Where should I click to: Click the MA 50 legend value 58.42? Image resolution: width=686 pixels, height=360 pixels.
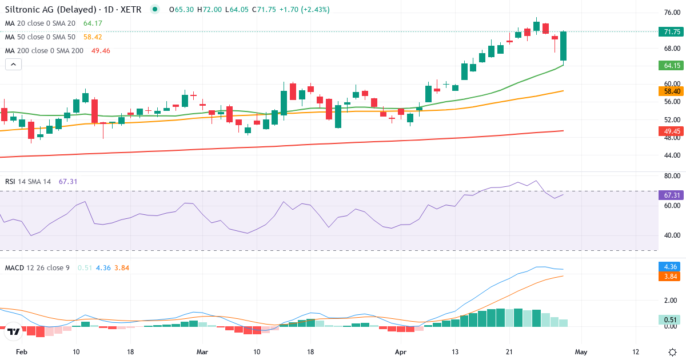[x=92, y=37]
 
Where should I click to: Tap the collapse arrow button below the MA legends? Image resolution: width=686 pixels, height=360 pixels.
[x=14, y=65]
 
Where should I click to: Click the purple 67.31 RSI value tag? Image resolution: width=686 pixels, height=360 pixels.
[x=671, y=195]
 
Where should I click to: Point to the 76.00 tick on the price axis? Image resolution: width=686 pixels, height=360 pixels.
[x=671, y=13]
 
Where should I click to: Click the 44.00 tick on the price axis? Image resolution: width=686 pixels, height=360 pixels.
[x=671, y=155]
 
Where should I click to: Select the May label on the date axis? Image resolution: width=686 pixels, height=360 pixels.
[x=581, y=352]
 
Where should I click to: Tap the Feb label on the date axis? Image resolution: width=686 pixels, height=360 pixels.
[x=21, y=352]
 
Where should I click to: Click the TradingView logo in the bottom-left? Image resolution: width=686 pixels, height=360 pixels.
[x=14, y=331]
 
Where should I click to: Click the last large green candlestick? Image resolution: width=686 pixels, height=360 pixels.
[x=563, y=46]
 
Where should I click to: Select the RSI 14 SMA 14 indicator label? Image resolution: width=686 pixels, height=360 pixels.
[x=28, y=181]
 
